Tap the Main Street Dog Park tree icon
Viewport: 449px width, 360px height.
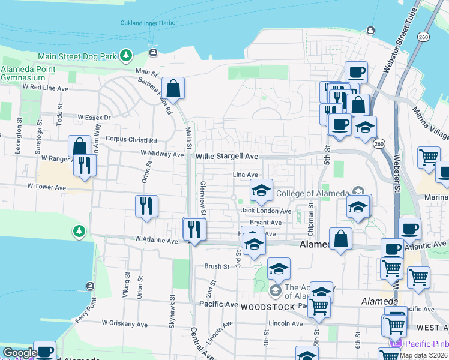[x=126, y=56]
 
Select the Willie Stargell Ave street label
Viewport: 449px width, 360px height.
[x=227, y=156]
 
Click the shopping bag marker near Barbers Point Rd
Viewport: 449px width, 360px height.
[x=173, y=89]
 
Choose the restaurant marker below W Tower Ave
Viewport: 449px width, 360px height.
[x=146, y=206]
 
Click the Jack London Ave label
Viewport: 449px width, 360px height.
[x=266, y=211]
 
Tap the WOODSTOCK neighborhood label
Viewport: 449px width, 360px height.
[x=268, y=307]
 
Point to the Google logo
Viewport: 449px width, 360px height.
[x=19, y=353]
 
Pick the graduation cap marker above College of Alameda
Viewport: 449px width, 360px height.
[x=261, y=191]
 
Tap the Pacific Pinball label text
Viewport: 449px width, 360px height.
[x=426, y=343]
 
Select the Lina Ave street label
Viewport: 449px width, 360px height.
[x=245, y=175]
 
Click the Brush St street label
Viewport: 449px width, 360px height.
[x=217, y=266]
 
